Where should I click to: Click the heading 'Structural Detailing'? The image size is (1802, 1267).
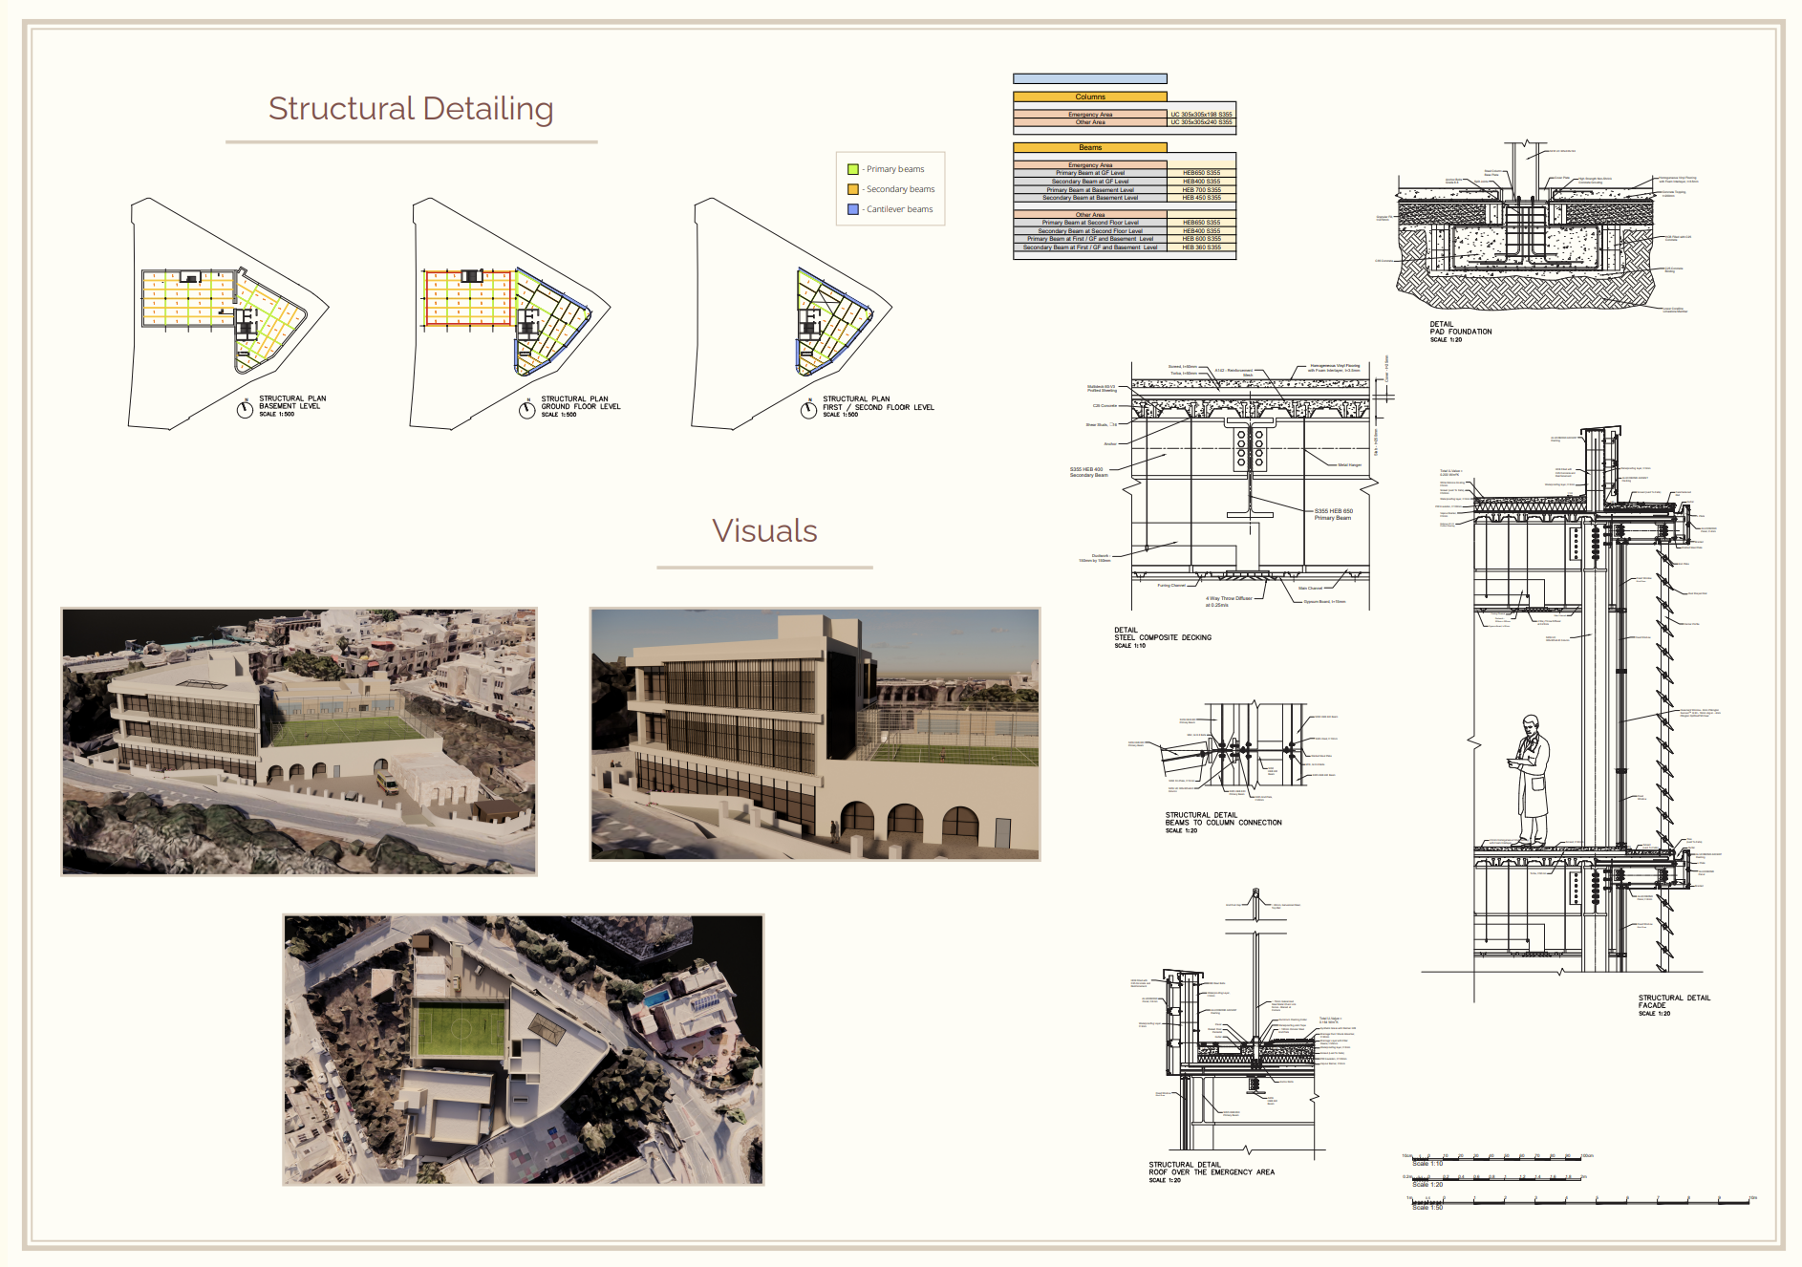(x=411, y=109)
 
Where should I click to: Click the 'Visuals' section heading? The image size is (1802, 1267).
(x=764, y=531)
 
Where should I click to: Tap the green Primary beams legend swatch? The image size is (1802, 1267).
(x=853, y=169)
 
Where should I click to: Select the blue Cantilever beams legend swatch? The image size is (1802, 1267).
(x=853, y=209)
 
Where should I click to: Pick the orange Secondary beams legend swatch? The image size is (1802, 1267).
(x=853, y=189)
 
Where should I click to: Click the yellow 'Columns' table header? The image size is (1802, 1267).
(x=1090, y=97)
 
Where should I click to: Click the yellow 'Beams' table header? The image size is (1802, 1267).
(x=1090, y=147)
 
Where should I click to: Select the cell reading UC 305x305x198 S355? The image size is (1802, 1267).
(x=1201, y=114)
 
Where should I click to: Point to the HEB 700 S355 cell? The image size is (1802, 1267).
(x=1201, y=189)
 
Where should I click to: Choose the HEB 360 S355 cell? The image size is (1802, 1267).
(x=1201, y=247)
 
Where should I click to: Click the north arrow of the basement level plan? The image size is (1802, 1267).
(x=246, y=409)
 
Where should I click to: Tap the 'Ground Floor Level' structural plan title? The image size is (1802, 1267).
(x=580, y=403)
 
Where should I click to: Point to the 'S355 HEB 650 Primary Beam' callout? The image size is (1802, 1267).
(x=1333, y=514)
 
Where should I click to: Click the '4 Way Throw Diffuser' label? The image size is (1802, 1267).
(x=1229, y=599)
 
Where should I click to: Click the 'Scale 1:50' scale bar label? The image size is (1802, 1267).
(x=1427, y=1208)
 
